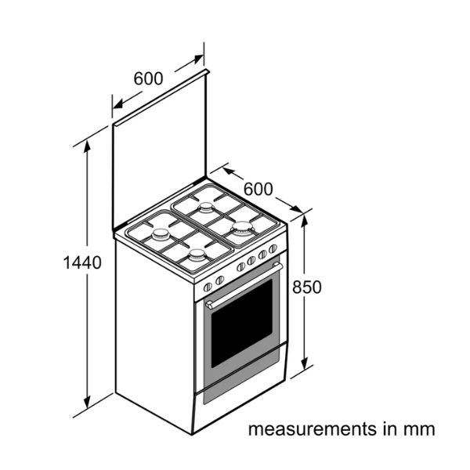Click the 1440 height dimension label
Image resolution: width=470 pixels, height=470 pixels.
tap(82, 262)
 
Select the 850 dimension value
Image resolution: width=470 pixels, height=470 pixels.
tap(306, 287)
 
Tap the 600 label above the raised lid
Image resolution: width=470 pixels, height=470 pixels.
tap(148, 78)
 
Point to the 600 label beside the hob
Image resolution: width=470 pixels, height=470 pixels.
tap(258, 189)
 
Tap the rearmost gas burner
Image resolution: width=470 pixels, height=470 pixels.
tap(206, 208)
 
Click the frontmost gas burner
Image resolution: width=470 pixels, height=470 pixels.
tap(197, 255)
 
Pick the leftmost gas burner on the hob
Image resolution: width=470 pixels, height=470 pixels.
tap(161, 235)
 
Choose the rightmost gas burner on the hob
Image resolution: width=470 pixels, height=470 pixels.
tap(242, 229)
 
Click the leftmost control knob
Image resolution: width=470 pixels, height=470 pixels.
tap(208, 287)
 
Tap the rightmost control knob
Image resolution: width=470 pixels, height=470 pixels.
tap(273, 249)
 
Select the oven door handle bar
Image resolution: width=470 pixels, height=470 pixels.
tap(244, 285)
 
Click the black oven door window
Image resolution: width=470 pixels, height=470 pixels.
tap(241, 324)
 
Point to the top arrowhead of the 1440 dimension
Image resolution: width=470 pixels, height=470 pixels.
tap(87, 146)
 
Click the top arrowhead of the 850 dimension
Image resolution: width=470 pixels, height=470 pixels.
tap(305, 221)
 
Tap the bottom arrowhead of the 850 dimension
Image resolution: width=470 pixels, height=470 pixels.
tap(305, 363)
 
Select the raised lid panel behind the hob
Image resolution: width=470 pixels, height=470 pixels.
tap(160, 150)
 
